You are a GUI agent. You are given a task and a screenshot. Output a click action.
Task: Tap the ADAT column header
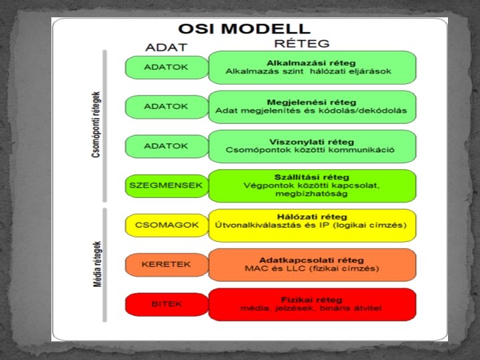tap(166, 47)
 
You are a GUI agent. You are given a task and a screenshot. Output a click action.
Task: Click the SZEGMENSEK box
tap(167, 185)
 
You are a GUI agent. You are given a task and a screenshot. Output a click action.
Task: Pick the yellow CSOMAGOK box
tap(167, 225)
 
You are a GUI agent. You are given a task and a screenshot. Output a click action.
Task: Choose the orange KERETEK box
tap(167, 265)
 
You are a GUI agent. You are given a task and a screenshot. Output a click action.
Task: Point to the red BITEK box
tap(167, 304)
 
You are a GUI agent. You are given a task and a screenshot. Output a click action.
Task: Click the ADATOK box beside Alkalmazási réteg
tap(167, 67)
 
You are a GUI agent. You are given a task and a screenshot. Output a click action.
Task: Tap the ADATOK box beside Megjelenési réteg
tap(167, 106)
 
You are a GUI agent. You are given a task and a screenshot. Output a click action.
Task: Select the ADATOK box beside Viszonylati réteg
tap(167, 145)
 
